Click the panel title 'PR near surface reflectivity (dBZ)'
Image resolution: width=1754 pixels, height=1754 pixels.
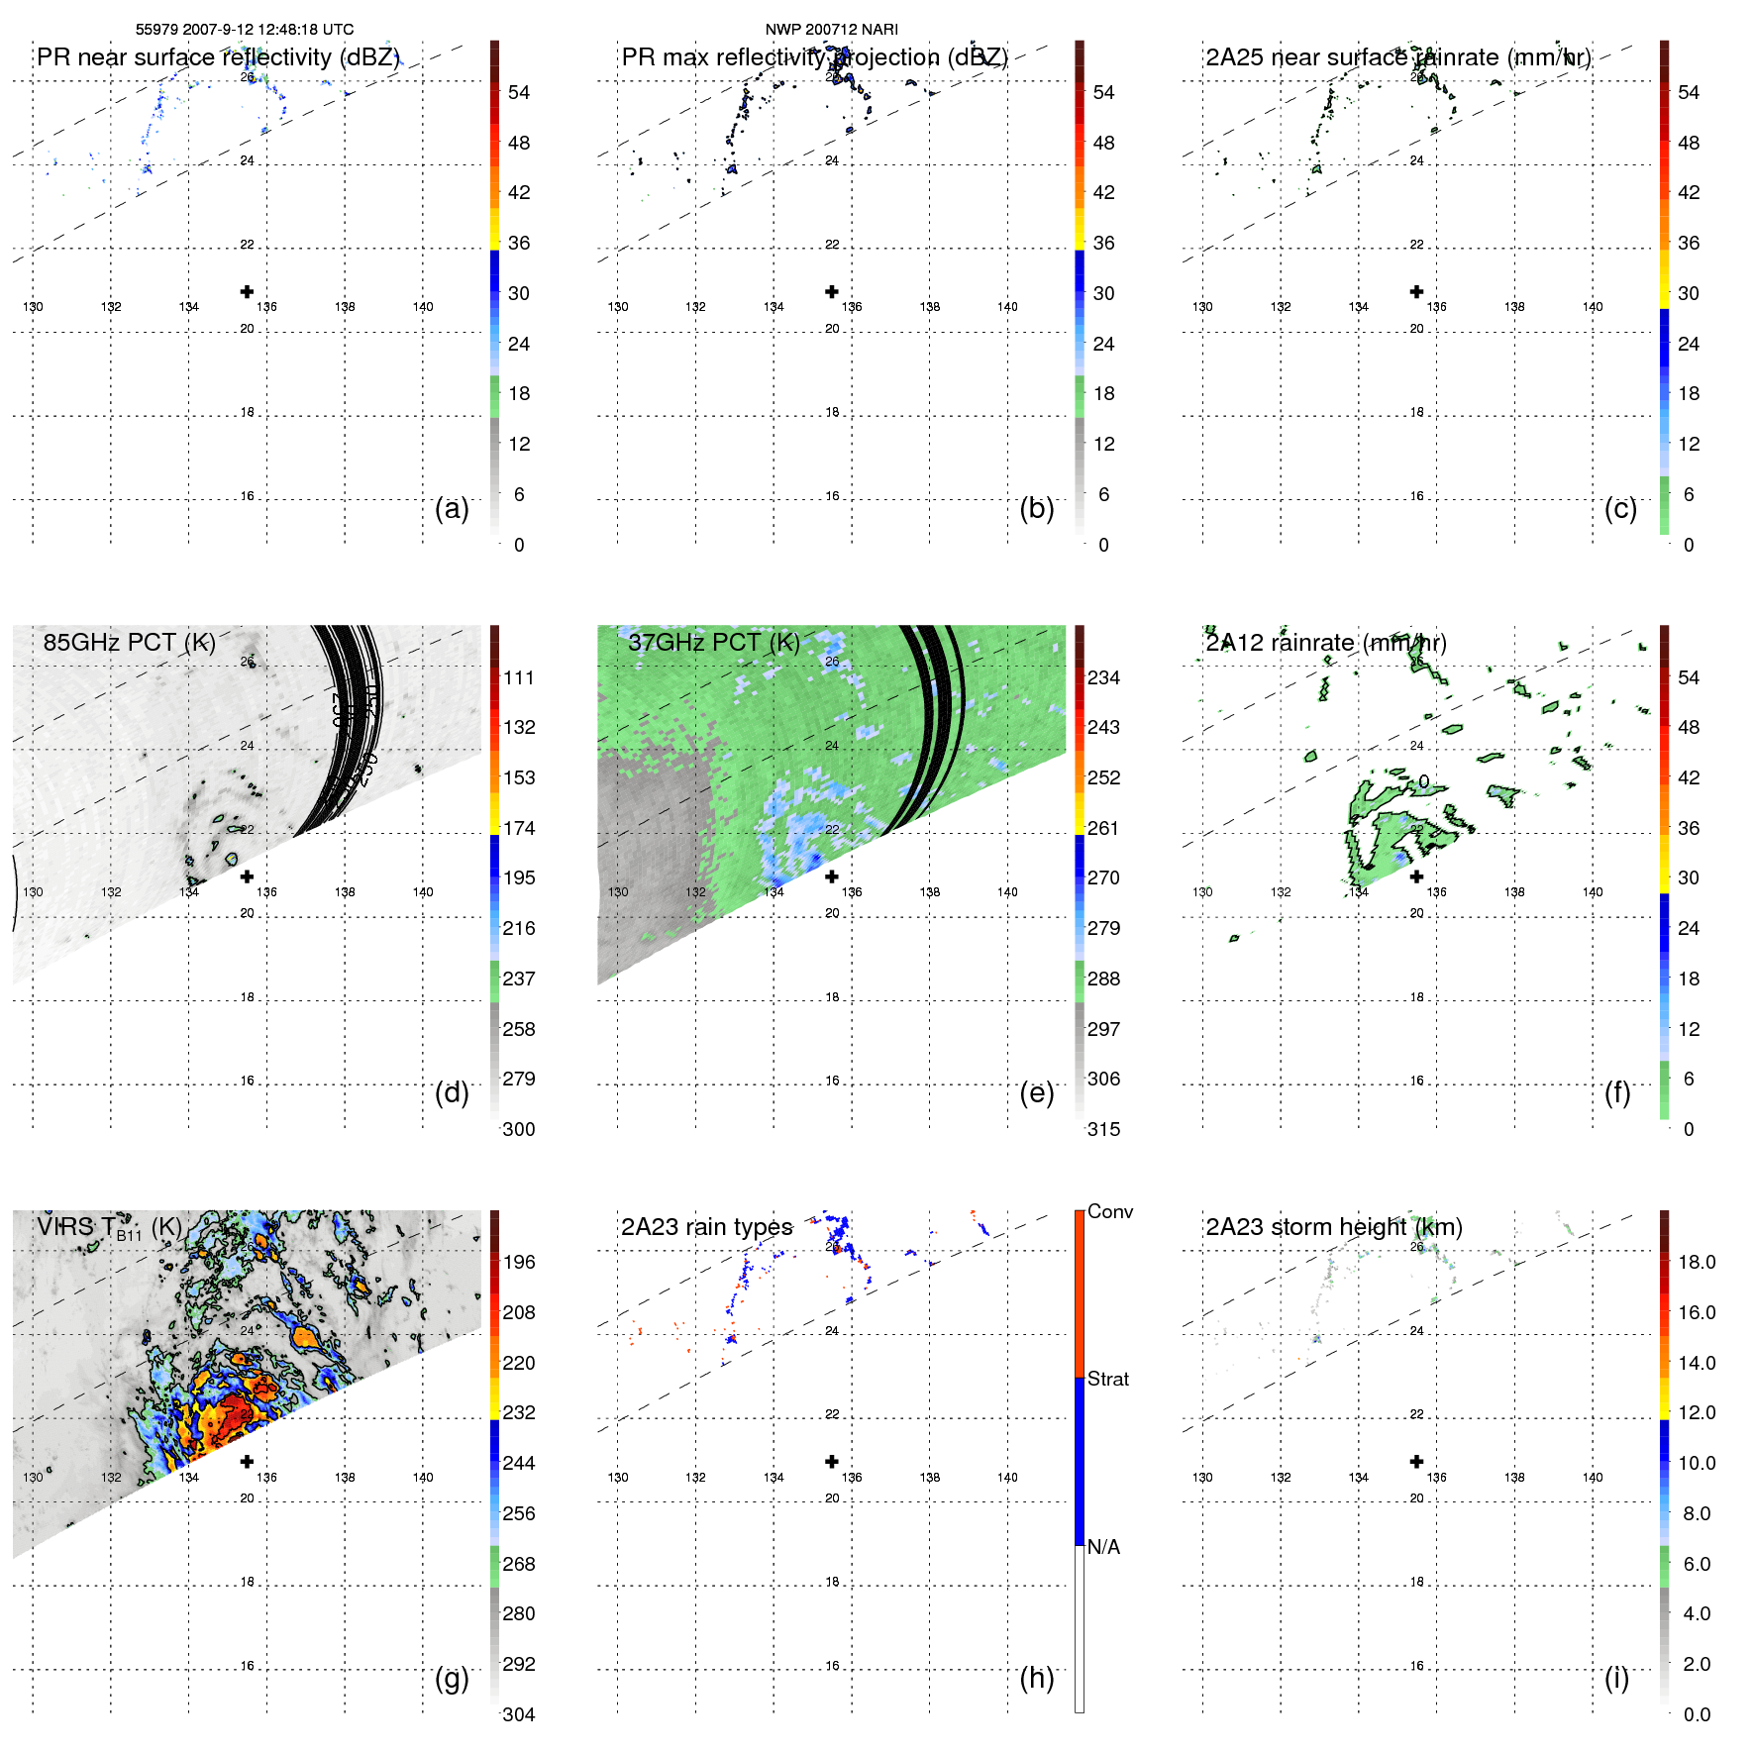tap(218, 57)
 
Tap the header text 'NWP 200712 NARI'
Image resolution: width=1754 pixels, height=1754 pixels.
tap(831, 30)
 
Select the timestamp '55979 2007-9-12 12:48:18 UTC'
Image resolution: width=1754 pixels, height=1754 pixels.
tap(245, 30)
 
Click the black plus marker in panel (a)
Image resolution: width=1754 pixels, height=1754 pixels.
tap(247, 291)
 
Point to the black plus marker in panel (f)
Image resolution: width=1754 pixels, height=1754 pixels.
tap(1416, 877)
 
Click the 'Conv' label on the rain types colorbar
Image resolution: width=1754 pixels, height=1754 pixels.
tap(1109, 1211)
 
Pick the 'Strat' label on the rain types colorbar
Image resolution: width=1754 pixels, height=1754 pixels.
tap(1107, 1379)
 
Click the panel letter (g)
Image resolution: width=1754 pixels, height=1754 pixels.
tap(452, 1678)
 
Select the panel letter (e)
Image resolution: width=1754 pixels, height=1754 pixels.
tap(1036, 1092)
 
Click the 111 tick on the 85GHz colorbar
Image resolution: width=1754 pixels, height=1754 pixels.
tap(518, 677)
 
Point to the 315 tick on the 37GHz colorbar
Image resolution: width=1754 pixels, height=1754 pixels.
tap(1103, 1129)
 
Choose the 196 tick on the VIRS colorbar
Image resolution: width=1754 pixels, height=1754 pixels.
tap(518, 1262)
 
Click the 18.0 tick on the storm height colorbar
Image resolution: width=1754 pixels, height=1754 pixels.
tap(1696, 1262)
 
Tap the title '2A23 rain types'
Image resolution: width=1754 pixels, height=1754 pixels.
tap(706, 1227)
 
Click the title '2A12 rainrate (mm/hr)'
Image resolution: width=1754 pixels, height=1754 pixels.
tap(1325, 643)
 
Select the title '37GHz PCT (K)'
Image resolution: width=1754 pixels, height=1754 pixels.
tap(713, 643)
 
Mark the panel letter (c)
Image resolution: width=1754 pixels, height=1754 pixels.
tap(1620, 508)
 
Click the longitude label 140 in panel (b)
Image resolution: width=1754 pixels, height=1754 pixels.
tap(1007, 307)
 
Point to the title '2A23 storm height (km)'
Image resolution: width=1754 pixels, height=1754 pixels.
tap(1333, 1227)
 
